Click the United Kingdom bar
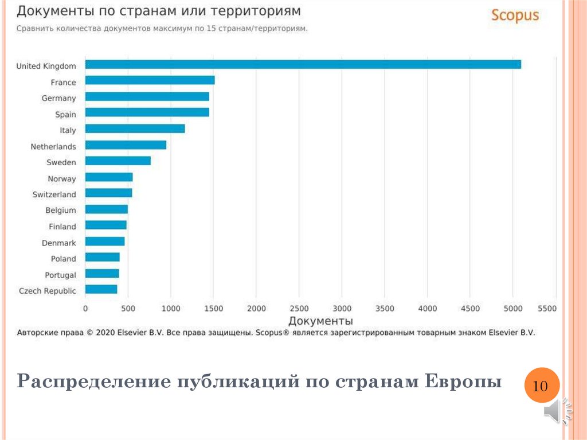[303, 64]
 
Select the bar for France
[150, 80]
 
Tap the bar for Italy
[135, 129]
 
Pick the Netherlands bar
[126, 145]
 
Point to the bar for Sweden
[118, 161]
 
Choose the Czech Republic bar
[101, 289]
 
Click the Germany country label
[58, 98]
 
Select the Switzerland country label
[54, 194]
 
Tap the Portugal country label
[60, 275]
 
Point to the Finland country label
[62, 227]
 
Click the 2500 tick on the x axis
[299, 309]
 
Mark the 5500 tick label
[547, 309]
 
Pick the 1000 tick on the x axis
[171, 309]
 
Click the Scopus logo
[515, 15]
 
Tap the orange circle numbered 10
[541, 386]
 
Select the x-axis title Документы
[320, 321]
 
